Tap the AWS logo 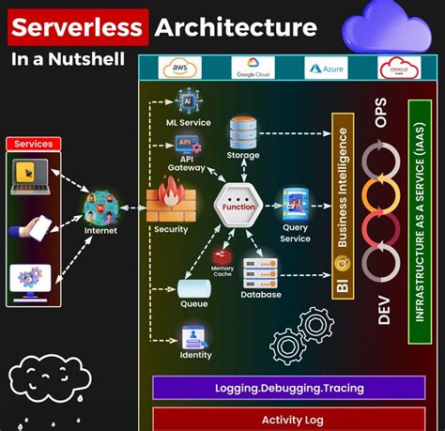point(178,69)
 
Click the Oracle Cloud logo point(396,69)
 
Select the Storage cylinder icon point(243,129)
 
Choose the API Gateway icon point(186,144)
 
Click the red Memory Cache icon point(222,256)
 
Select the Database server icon point(260,271)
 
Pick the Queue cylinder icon point(193,286)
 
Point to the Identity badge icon point(194,336)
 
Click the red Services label point(34,144)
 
